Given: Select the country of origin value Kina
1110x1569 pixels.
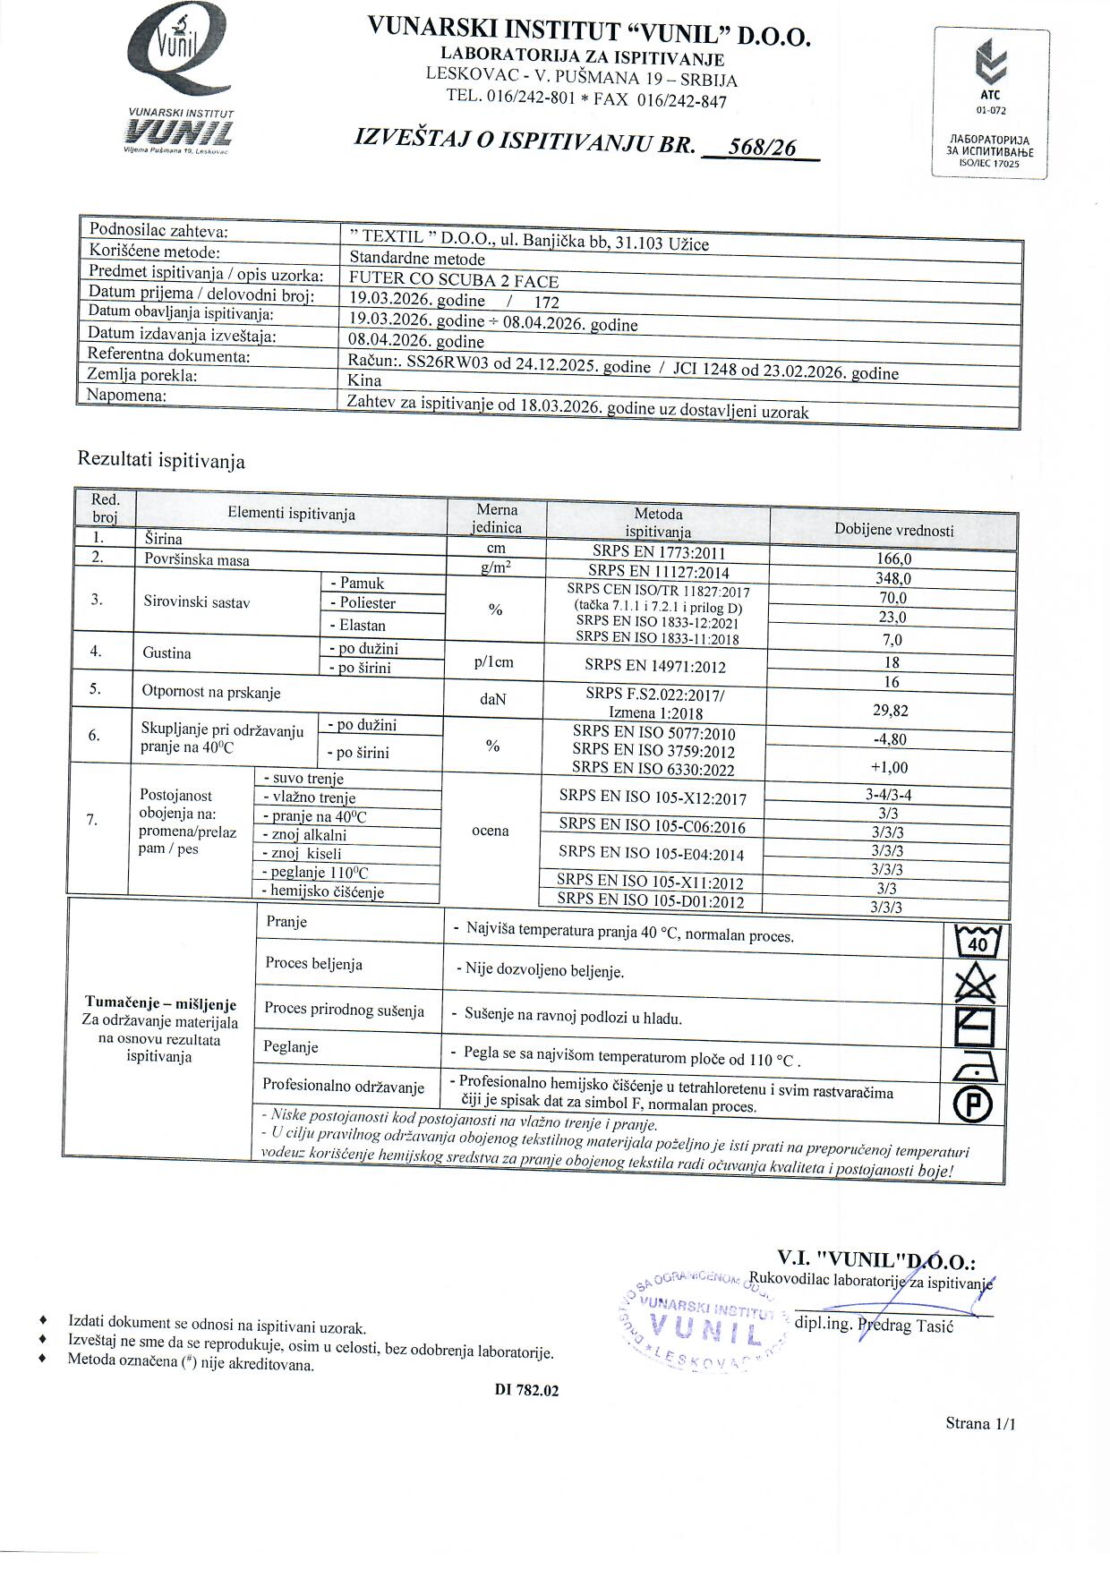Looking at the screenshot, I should pos(364,380).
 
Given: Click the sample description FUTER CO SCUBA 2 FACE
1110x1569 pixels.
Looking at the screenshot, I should pos(454,280).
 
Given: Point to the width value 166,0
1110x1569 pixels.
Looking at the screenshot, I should pos(893,559).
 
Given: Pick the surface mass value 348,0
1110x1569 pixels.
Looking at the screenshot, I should pos(892,579).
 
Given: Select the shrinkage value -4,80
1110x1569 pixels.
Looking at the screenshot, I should pos(889,739).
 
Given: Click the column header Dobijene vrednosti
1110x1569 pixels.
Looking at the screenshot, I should pos(893,530).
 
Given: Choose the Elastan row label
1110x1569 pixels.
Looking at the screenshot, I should pos(363,626).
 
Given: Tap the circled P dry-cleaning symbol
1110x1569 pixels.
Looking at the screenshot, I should pos(974,1105).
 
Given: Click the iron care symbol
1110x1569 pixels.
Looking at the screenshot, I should pos(974,1067).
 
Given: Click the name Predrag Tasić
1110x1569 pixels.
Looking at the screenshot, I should pos(905,1326).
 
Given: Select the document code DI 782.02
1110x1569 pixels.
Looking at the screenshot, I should pos(526,1391).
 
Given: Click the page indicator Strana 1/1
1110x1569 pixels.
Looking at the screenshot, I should pos(979,1424).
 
